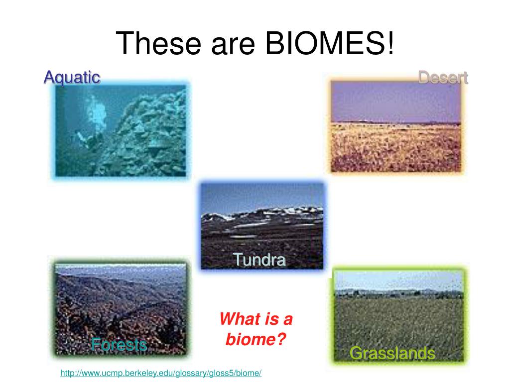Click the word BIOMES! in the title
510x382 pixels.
tap(330, 43)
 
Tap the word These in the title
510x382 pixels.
tap(158, 43)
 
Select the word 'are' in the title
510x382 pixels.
tap(233, 46)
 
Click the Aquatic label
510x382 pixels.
tap(72, 78)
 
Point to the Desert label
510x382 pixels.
tap(443, 78)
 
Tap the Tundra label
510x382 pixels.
tap(259, 260)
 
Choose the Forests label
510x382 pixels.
tap(119, 344)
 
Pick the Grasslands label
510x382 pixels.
tap(392, 353)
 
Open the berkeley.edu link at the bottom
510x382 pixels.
tap(161, 373)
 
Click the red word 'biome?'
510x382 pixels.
tap(255, 339)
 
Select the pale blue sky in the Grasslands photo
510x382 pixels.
tap(399, 280)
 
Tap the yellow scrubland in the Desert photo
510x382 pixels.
tap(396, 147)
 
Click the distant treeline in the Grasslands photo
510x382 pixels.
tap(399, 293)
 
